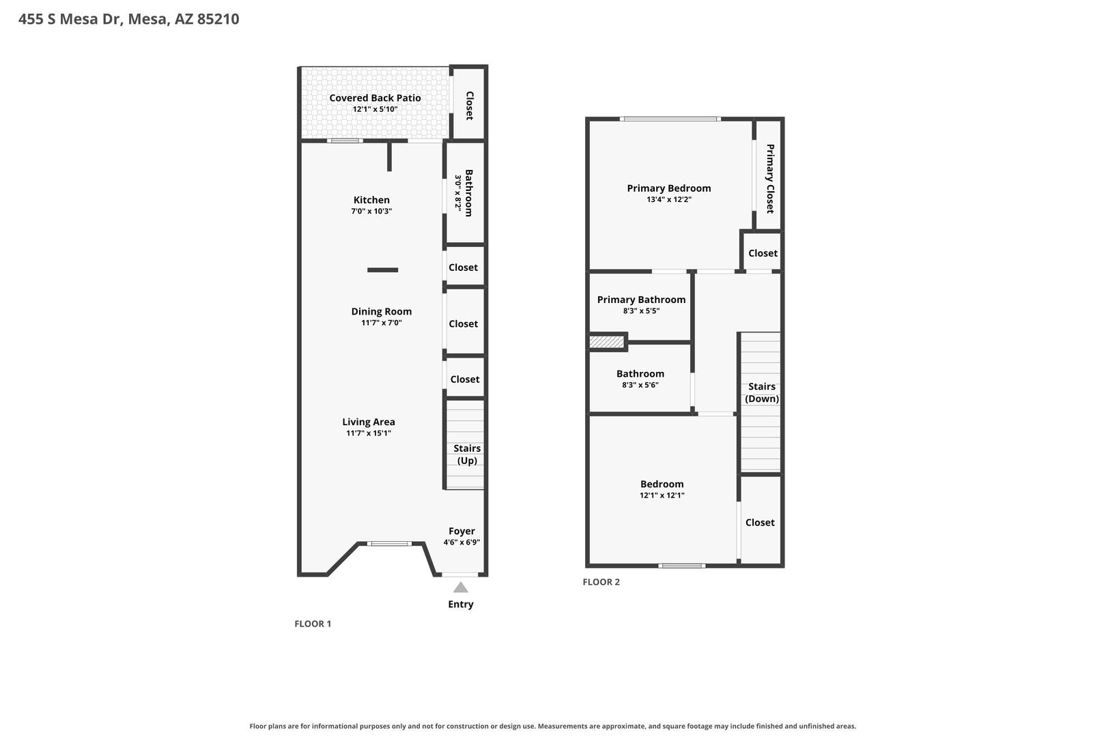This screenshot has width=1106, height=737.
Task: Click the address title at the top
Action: point(129,18)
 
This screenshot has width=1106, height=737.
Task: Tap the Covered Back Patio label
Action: point(375,98)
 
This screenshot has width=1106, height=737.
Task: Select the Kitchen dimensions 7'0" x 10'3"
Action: point(371,212)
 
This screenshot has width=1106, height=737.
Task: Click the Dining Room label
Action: point(381,311)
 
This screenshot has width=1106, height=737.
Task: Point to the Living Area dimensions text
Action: point(369,433)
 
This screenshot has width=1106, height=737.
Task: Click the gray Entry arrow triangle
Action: point(461,587)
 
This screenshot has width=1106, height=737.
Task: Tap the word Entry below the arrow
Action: point(461,604)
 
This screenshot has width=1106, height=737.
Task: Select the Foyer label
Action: point(462,531)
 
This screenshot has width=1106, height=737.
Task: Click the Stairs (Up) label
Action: point(467,454)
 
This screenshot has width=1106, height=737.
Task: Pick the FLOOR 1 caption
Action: point(313,624)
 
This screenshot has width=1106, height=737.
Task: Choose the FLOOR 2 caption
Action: point(601,582)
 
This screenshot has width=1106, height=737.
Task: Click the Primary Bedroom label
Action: point(669,188)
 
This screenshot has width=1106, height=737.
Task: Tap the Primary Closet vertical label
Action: point(769,179)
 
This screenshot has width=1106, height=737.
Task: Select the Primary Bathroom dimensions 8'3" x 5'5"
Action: point(641,311)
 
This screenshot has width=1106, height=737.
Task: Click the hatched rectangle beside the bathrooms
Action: point(607,342)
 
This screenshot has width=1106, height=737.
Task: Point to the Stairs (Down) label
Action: point(762,392)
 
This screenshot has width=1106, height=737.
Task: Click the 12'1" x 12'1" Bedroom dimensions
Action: point(662,495)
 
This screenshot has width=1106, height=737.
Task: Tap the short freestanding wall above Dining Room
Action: point(382,270)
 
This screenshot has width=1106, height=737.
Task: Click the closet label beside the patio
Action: point(470,106)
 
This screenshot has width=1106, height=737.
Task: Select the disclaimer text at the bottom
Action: point(553,726)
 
